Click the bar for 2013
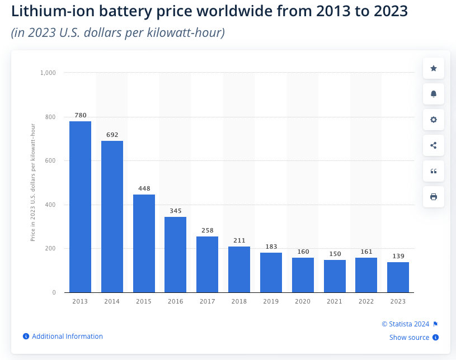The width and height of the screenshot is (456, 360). (80, 207)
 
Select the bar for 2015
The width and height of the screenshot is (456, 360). (144, 243)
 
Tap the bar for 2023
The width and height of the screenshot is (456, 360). (398, 277)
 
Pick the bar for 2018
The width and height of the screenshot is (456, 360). (239, 269)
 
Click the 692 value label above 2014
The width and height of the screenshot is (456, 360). (112, 135)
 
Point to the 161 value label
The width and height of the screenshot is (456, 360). (366, 252)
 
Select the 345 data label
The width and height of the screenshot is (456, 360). (176, 211)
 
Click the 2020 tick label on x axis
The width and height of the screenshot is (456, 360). (303, 301)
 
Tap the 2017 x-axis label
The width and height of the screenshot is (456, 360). (208, 301)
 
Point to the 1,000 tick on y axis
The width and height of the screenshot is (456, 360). (48, 73)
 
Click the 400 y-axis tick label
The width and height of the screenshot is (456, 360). (50, 205)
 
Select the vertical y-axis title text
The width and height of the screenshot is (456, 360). (33, 182)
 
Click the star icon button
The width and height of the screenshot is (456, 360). (434, 68)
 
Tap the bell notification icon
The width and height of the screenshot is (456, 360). (434, 94)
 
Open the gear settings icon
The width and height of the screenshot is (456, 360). (434, 120)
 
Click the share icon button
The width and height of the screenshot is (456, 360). (434, 145)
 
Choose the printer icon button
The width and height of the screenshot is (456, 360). (434, 197)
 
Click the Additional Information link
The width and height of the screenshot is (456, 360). (67, 337)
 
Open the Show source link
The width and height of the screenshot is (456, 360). (410, 338)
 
